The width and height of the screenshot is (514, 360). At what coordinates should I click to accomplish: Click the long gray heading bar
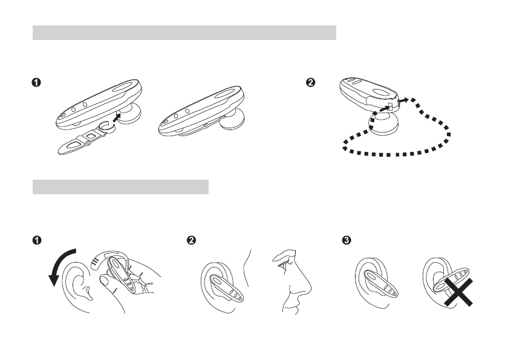184,33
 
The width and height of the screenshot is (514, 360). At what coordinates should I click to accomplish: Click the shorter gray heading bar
120,186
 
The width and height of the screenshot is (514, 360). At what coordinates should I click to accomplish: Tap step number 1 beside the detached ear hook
36,82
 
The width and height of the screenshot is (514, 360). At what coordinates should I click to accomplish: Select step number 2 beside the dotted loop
310,82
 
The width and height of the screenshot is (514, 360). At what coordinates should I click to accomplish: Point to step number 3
346,240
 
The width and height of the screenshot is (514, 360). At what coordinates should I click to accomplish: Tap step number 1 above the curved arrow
37,240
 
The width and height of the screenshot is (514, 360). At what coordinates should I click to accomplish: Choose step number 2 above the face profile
191,240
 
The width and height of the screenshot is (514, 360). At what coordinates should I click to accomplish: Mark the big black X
458,292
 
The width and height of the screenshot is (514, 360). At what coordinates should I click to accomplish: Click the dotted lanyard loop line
397,154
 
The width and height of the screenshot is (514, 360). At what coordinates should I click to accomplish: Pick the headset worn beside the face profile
226,287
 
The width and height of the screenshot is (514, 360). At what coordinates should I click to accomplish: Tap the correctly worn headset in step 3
381,284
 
